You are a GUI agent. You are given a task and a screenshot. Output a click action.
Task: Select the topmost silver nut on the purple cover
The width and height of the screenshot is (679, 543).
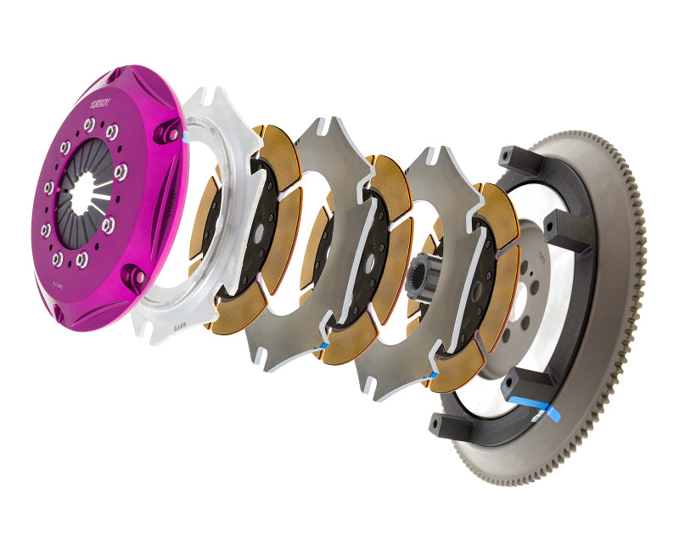89,125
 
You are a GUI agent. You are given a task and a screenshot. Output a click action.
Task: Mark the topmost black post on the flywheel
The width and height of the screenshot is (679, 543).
513,158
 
